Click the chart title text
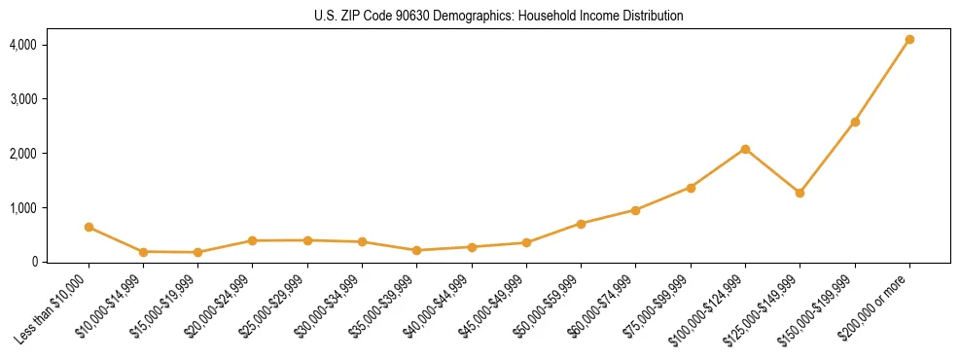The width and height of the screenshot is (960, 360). (x=499, y=17)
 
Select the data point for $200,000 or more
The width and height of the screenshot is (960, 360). (x=909, y=40)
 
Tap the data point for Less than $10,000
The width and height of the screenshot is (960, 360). (x=89, y=227)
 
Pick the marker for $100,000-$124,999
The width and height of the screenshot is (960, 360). (x=745, y=149)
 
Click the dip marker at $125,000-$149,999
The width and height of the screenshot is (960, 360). (x=800, y=193)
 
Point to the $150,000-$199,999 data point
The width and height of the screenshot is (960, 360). (x=855, y=122)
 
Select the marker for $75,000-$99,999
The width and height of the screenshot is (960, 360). (x=691, y=188)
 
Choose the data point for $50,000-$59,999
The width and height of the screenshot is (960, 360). (x=581, y=224)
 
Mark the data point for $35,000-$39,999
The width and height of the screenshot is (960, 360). (x=416, y=250)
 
